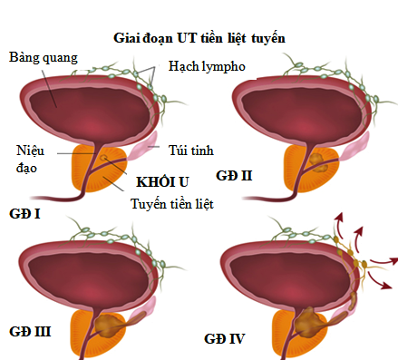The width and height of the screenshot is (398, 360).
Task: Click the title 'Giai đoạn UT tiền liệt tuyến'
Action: click(199, 39)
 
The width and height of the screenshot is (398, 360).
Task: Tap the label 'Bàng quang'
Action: click(44, 58)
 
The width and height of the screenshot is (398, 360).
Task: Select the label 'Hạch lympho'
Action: click(207, 66)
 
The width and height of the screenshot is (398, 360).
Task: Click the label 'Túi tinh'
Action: click(191, 151)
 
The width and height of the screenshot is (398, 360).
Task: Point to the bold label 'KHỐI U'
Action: click(162, 182)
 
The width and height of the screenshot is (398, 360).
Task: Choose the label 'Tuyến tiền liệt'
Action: click(172, 204)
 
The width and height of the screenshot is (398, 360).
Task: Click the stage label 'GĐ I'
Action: click(24, 214)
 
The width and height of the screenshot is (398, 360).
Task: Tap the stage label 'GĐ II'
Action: click(234, 176)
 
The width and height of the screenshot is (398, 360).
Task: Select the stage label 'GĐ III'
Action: click(30, 332)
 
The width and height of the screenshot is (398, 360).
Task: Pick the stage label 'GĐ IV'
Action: click(224, 339)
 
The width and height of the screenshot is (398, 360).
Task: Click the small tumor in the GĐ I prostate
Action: click(103, 157)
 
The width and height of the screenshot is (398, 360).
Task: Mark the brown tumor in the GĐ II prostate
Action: click(318, 163)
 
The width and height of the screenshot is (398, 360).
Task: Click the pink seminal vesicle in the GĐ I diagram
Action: click(142, 147)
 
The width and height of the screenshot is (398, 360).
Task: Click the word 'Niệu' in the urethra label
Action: click(30, 151)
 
